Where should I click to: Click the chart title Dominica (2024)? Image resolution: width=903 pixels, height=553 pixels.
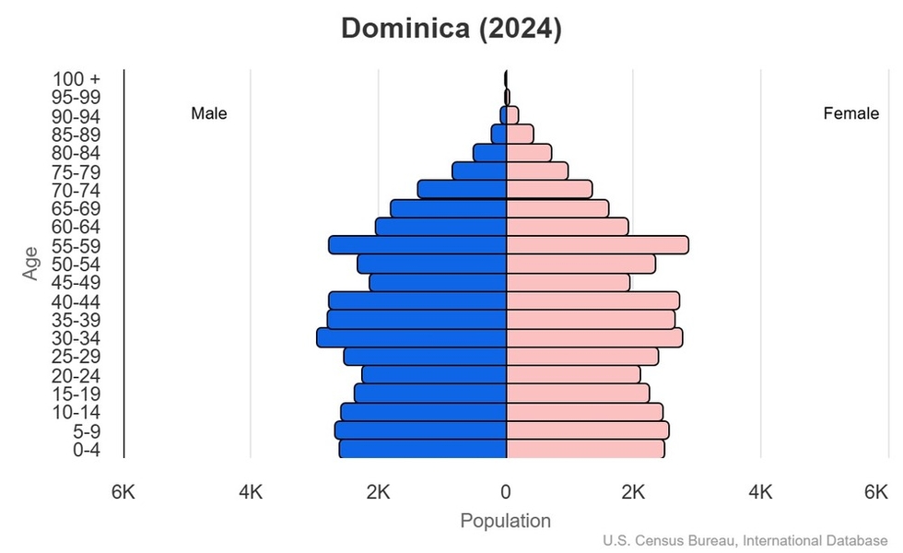tap(451, 29)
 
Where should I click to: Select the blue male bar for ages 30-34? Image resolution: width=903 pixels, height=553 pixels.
tap(412, 338)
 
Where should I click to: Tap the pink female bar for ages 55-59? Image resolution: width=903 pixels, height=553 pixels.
tap(597, 245)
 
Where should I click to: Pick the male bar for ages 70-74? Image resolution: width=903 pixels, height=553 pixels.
tap(463, 190)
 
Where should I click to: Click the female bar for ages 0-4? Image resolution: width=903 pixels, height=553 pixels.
tap(585, 449)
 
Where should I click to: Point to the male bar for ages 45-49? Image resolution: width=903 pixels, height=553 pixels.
tap(439, 282)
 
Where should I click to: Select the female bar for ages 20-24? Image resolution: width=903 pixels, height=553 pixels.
tap(573, 375)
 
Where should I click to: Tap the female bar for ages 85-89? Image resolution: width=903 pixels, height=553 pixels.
tap(520, 135)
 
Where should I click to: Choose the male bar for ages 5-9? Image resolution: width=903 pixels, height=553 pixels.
tap(421, 430)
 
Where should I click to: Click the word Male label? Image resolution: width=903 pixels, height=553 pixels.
tap(209, 114)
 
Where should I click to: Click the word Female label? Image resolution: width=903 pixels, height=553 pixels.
tap(850, 114)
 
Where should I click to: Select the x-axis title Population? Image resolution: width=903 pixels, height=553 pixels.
tap(505, 521)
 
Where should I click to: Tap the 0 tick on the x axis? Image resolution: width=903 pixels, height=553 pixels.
tap(506, 492)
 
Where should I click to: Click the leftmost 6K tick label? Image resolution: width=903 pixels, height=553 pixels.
tap(123, 492)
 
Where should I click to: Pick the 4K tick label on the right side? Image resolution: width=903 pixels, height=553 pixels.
tap(760, 492)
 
